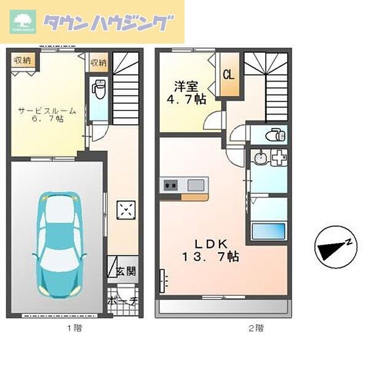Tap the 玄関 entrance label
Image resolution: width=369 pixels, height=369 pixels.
click(128, 271)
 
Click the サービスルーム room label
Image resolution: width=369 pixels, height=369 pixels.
click(47, 111)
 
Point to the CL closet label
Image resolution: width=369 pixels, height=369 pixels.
click(228, 75)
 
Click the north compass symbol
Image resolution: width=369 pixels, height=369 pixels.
click(335, 247)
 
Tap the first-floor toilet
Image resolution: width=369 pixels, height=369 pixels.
click(98, 89)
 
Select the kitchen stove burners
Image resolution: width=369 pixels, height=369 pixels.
click(170, 184)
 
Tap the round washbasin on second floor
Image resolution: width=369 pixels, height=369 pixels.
click(260, 158)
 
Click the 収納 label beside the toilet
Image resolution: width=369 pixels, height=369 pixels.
click(98, 62)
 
